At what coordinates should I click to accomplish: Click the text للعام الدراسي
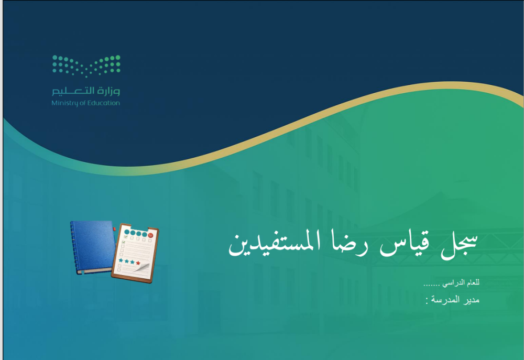[x=461, y=283]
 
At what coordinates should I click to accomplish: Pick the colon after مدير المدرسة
[x=427, y=301]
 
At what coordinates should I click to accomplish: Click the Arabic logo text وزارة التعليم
[x=86, y=90]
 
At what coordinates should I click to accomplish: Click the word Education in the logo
[x=104, y=103]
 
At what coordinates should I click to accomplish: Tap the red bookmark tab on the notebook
[x=114, y=229]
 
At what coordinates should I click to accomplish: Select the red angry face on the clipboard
[x=151, y=235]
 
